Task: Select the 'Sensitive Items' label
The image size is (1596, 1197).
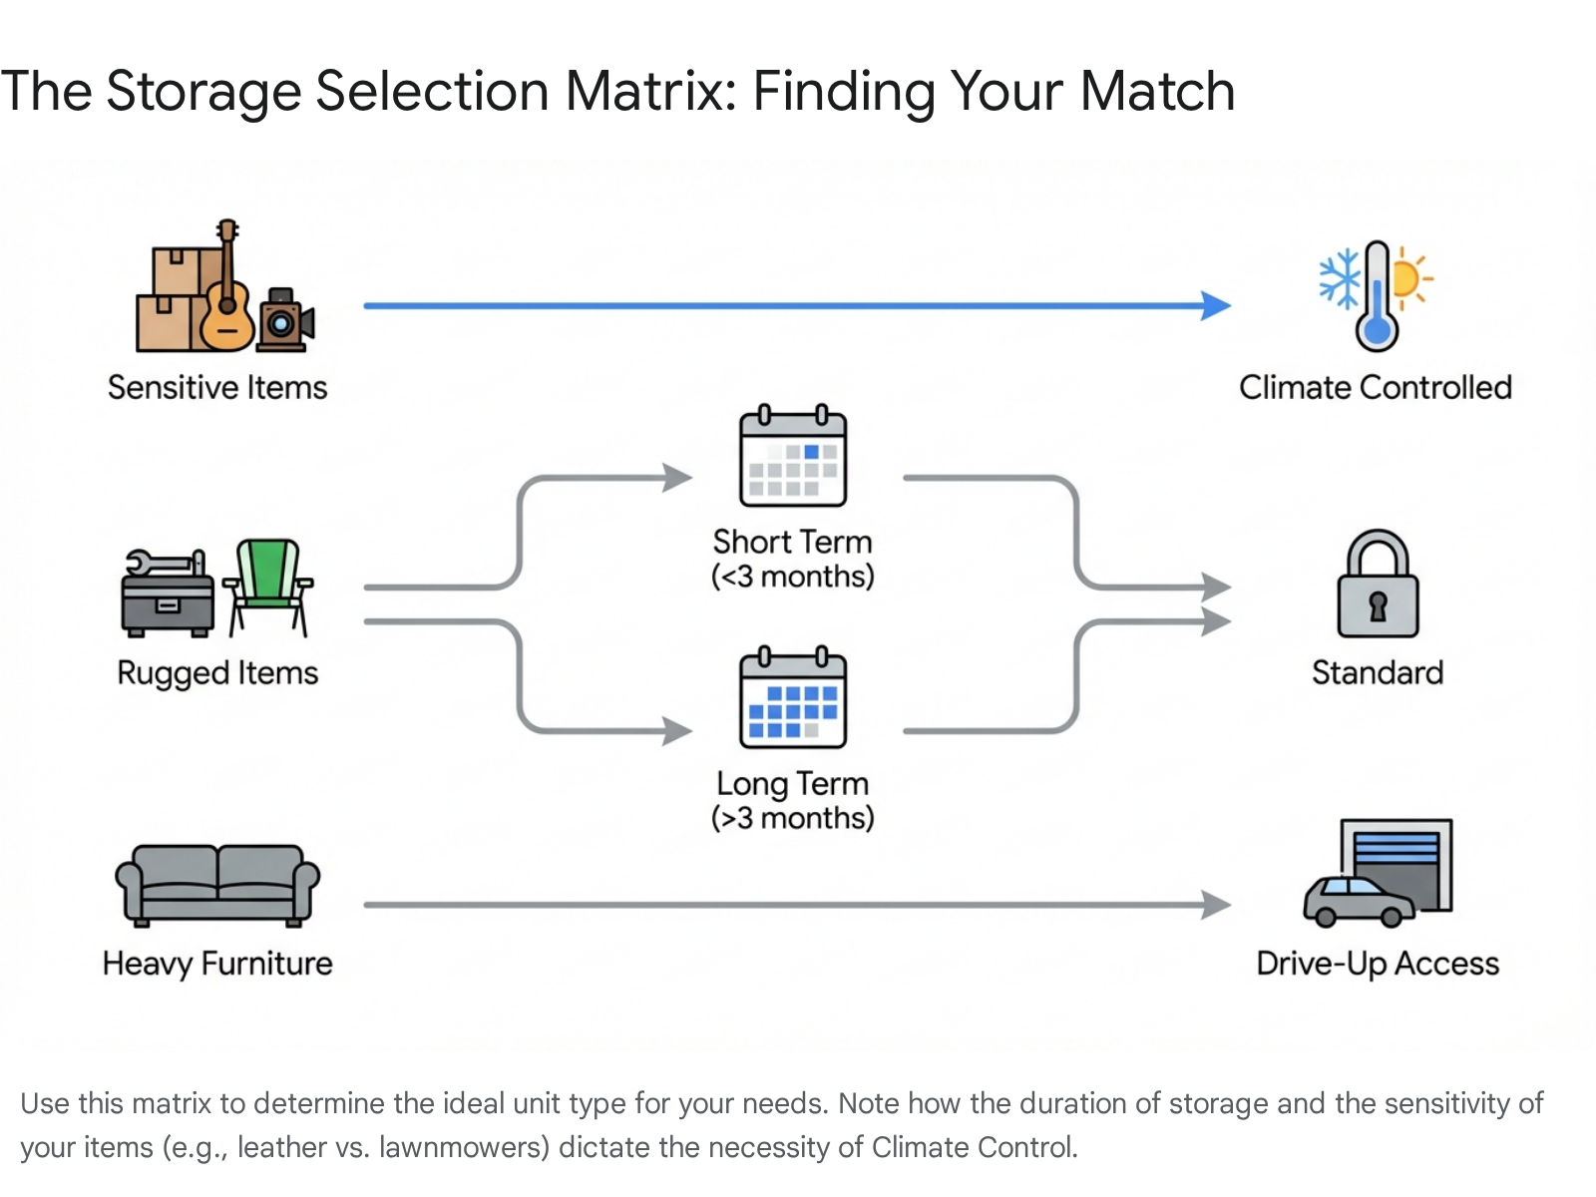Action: pyautogui.click(x=217, y=387)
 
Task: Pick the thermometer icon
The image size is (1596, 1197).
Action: pyautogui.click(x=1377, y=297)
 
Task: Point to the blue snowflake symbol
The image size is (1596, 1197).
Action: pyautogui.click(x=1340, y=277)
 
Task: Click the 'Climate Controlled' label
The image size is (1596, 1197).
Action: pyautogui.click(x=1376, y=387)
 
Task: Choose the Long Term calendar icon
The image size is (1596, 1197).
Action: pyautogui.click(x=793, y=698)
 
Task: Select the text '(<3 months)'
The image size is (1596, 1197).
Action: pyautogui.click(x=793, y=577)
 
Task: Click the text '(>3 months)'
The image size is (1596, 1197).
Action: pyautogui.click(x=793, y=818)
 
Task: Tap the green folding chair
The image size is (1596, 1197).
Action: pyautogui.click(x=268, y=587)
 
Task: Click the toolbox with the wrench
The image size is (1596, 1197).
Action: pyautogui.click(x=167, y=595)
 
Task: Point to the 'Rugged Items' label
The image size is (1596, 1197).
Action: pyautogui.click(x=217, y=673)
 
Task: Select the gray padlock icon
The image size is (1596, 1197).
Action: pyautogui.click(x=1378, y=586)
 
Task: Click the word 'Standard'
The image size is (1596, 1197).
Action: pyautogui.click(x=1378, y=673)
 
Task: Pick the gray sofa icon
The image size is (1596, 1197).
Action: pyautogui.click(x=217, y=884)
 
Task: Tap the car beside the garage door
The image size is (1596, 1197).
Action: pyautogui.click(x=1359, y=901)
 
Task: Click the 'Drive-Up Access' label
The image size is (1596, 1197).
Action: pyautogui.click(x=1378, y=964)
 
